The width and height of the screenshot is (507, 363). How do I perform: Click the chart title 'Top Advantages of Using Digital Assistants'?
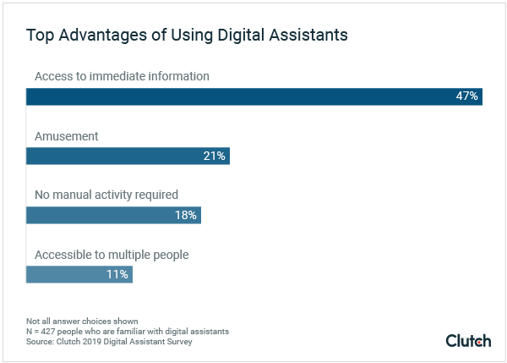pyautogui.click(x=187, y=36)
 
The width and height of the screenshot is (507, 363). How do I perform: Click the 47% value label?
pyautogui.click(x=467, y=96)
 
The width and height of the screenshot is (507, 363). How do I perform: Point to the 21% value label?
pyautogui.click(x=214, y=156)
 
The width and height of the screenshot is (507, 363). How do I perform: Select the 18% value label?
pyautogui.click(x=185, y=215)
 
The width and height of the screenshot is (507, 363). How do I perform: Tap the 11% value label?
pyautogui.click(x=117, y=274)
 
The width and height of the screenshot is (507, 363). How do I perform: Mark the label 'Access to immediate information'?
pyautogui.click(x=122, y=76)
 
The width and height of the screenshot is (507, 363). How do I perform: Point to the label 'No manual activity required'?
pyautogui.click(x=106, y=195)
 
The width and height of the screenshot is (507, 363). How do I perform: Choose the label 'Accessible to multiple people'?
pyautogui.click(x=112, y=254)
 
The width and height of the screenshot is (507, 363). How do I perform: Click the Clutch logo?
pyautogui.click(x=467, y=340)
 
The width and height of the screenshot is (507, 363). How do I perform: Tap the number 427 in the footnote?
pyautogui.click(x=51, y=332)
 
